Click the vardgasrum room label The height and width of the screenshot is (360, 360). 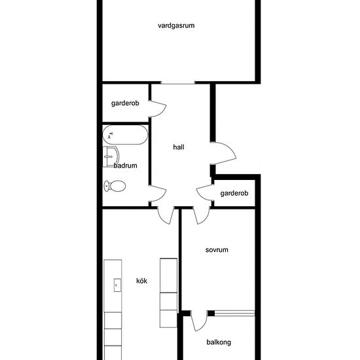[x=177, y=26]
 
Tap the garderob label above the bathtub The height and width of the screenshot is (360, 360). [x=125, y=103]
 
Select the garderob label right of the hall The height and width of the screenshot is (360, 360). [x=234, y=193]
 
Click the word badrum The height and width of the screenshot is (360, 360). [x=126, y=166]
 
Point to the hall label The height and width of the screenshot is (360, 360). [x=179, y=147]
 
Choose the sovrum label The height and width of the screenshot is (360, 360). [x=216, y=250]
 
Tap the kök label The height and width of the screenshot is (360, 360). [x=141, y=281]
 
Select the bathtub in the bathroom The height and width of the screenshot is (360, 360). [x=124, y=136]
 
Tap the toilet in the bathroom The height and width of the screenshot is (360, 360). [x=115, y=187]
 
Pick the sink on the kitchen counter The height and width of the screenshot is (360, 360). [x=117, y=284]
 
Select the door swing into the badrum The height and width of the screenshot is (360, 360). [x=158, y=194]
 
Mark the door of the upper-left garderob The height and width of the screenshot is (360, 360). [x=158, y=108]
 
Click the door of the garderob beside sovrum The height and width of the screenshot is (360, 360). [x=206, y=192]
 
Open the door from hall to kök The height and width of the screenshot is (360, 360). [x=166, y=214]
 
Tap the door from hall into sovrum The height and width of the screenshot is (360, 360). [x=200, y=214]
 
